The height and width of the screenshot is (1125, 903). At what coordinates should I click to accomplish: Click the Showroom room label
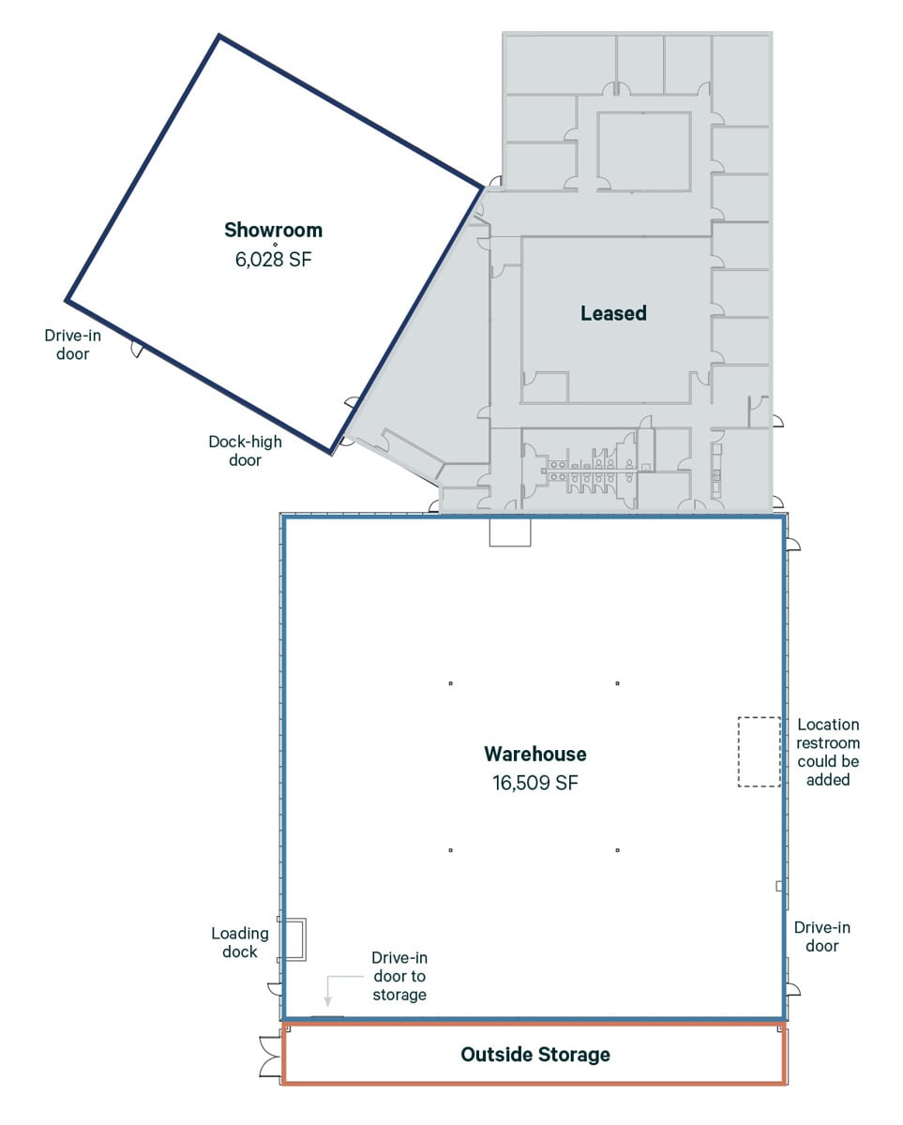tap(273, 230)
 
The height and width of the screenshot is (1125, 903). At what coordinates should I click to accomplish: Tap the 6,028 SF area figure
tap(273, 260)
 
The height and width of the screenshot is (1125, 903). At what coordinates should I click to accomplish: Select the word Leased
tap(613, 313)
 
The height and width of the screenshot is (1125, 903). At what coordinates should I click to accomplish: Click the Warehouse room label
tap(534, 754)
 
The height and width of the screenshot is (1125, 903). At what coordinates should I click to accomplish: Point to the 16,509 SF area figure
tap(534, 783)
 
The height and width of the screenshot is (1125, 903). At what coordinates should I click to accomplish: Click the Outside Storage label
tap(534, 1055)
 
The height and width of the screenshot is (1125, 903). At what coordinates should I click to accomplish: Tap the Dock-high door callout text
tap(245, 451)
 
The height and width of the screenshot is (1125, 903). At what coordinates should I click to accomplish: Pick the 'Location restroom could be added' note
tap(828, 752)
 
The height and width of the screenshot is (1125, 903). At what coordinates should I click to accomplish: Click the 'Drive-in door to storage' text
tap(399, 976)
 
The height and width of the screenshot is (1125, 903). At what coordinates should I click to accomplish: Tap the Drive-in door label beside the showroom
tap(73, 344)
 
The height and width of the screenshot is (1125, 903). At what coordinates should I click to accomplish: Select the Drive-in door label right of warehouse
tap(822, 937)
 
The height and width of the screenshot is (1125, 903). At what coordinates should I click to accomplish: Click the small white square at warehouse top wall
tap(510, 532)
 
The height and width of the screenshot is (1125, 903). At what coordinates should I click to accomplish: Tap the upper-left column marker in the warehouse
tap(451, 683)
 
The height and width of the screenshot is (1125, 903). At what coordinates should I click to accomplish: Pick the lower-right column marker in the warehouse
tap(618, 850)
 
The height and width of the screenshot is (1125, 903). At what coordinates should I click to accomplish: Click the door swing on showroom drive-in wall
tap(137, 349)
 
